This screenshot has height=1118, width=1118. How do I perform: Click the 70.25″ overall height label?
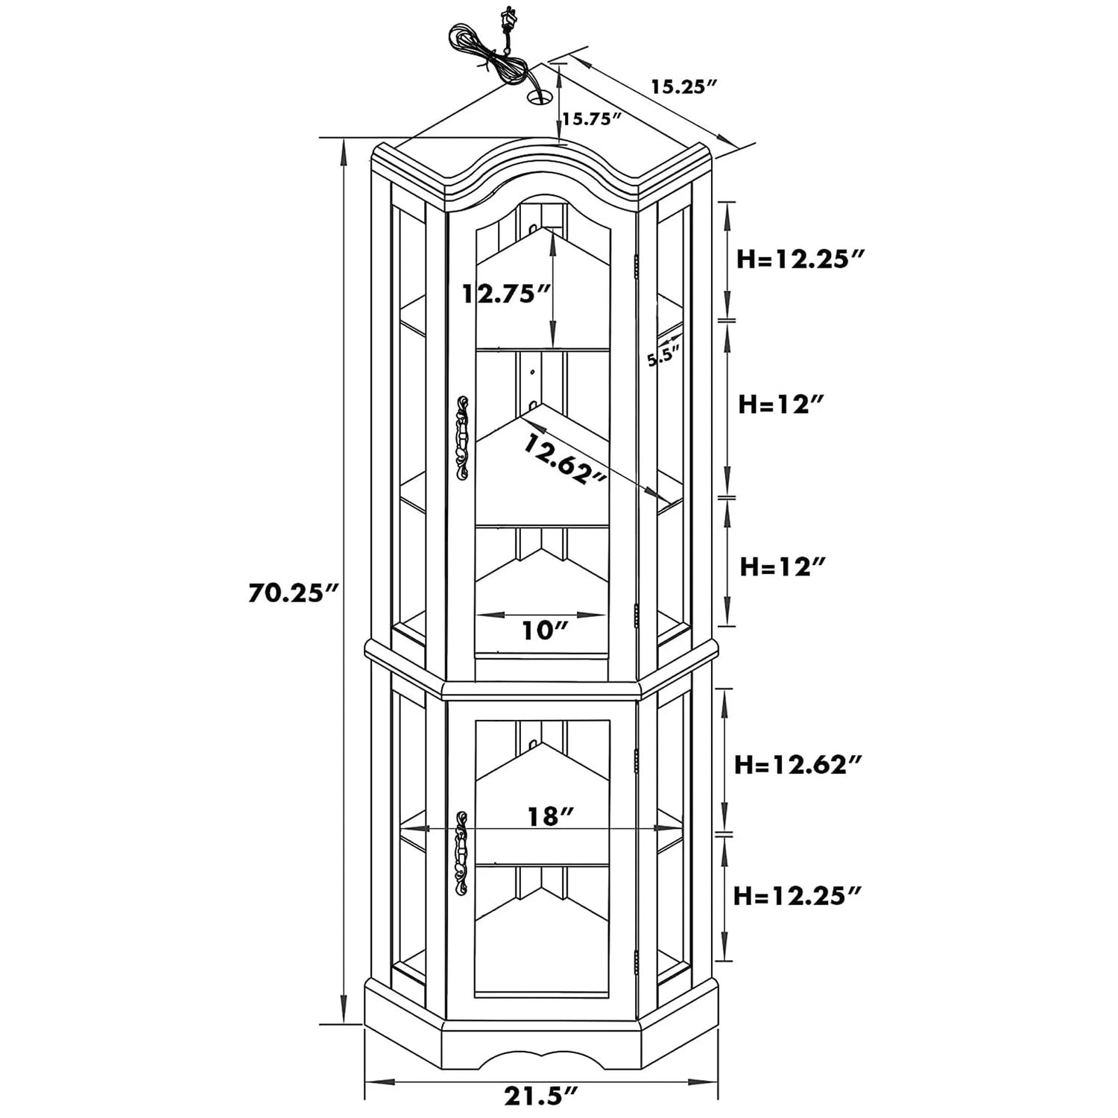point(294,593)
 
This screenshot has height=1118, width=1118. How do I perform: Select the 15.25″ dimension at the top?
point(683,86)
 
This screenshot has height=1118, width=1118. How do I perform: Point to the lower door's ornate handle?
point(461,854)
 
